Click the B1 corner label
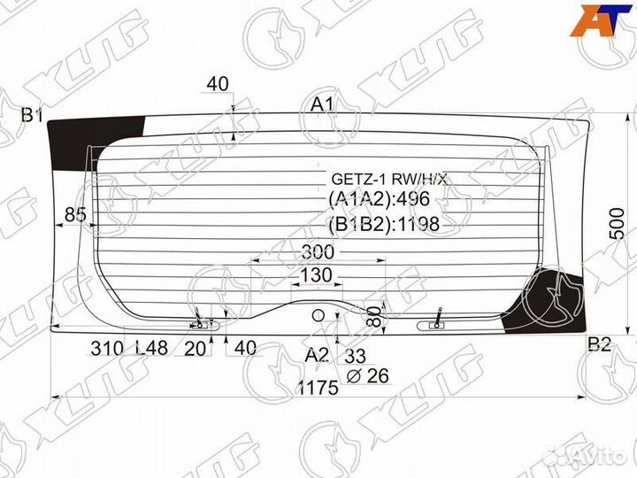pos(33,114)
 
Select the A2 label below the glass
pos(317,355)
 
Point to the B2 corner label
pos(600,345)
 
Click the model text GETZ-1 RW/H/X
pos(389,179)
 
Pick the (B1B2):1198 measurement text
pos(384,225)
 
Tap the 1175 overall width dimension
pos(318,387)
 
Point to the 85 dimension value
pos(76,213)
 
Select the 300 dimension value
pos(318,252)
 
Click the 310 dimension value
pos(106,348)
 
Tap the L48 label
pos(153,348)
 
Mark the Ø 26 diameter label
pos(366,375)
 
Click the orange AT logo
pos(601,22)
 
